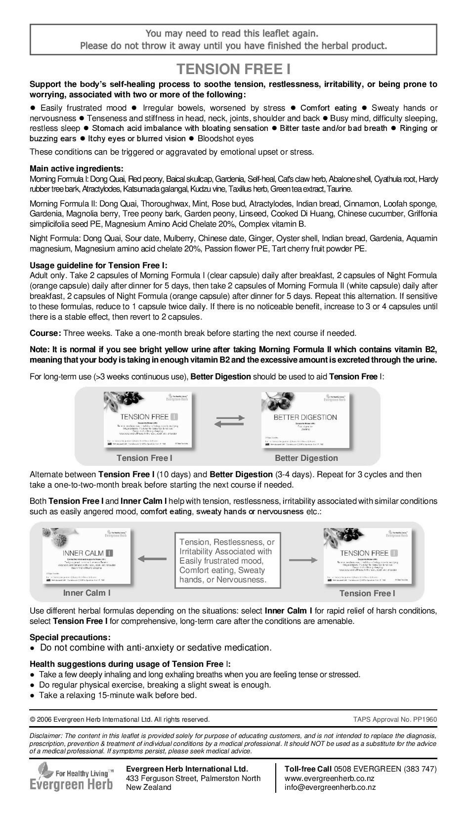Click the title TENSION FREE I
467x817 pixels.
[x=233, y=69]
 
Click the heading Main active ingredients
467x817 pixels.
[x=77, y=168]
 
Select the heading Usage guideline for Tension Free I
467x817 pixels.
[x=98, y=265]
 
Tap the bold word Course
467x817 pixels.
[x=45, y=333]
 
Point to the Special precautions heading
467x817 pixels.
[x=70, y=637]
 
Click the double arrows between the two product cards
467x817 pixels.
[x=230, y=421]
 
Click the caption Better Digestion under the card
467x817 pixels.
[x=306, y=458]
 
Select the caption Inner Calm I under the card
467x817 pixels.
[x=86, y=593]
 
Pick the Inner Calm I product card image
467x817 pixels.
[x=87, y=557]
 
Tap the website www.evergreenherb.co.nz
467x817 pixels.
[x=329, y=778]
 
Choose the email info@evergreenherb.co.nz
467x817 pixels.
[x=330, y=787]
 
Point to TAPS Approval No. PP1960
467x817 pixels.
[x=395, y=719]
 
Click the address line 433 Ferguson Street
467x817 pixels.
[x=193, y=778]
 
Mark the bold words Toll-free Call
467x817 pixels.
[x=308, y=769]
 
